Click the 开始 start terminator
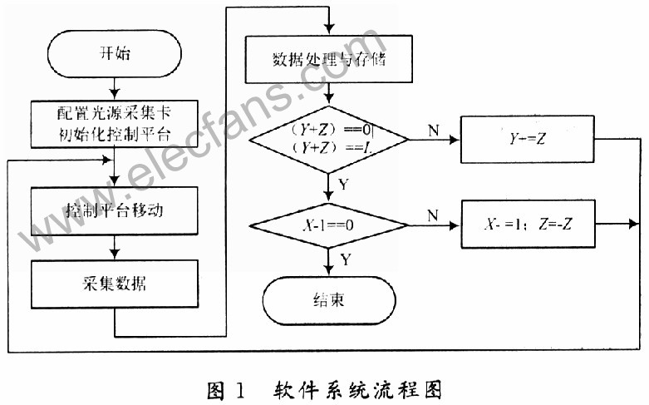[x=113, y=56]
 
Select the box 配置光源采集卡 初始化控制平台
[x=113, y=122]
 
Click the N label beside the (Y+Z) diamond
[x=433, y=129]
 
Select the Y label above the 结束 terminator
[x=343, y=260]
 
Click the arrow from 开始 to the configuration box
[x=113, y=88]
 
